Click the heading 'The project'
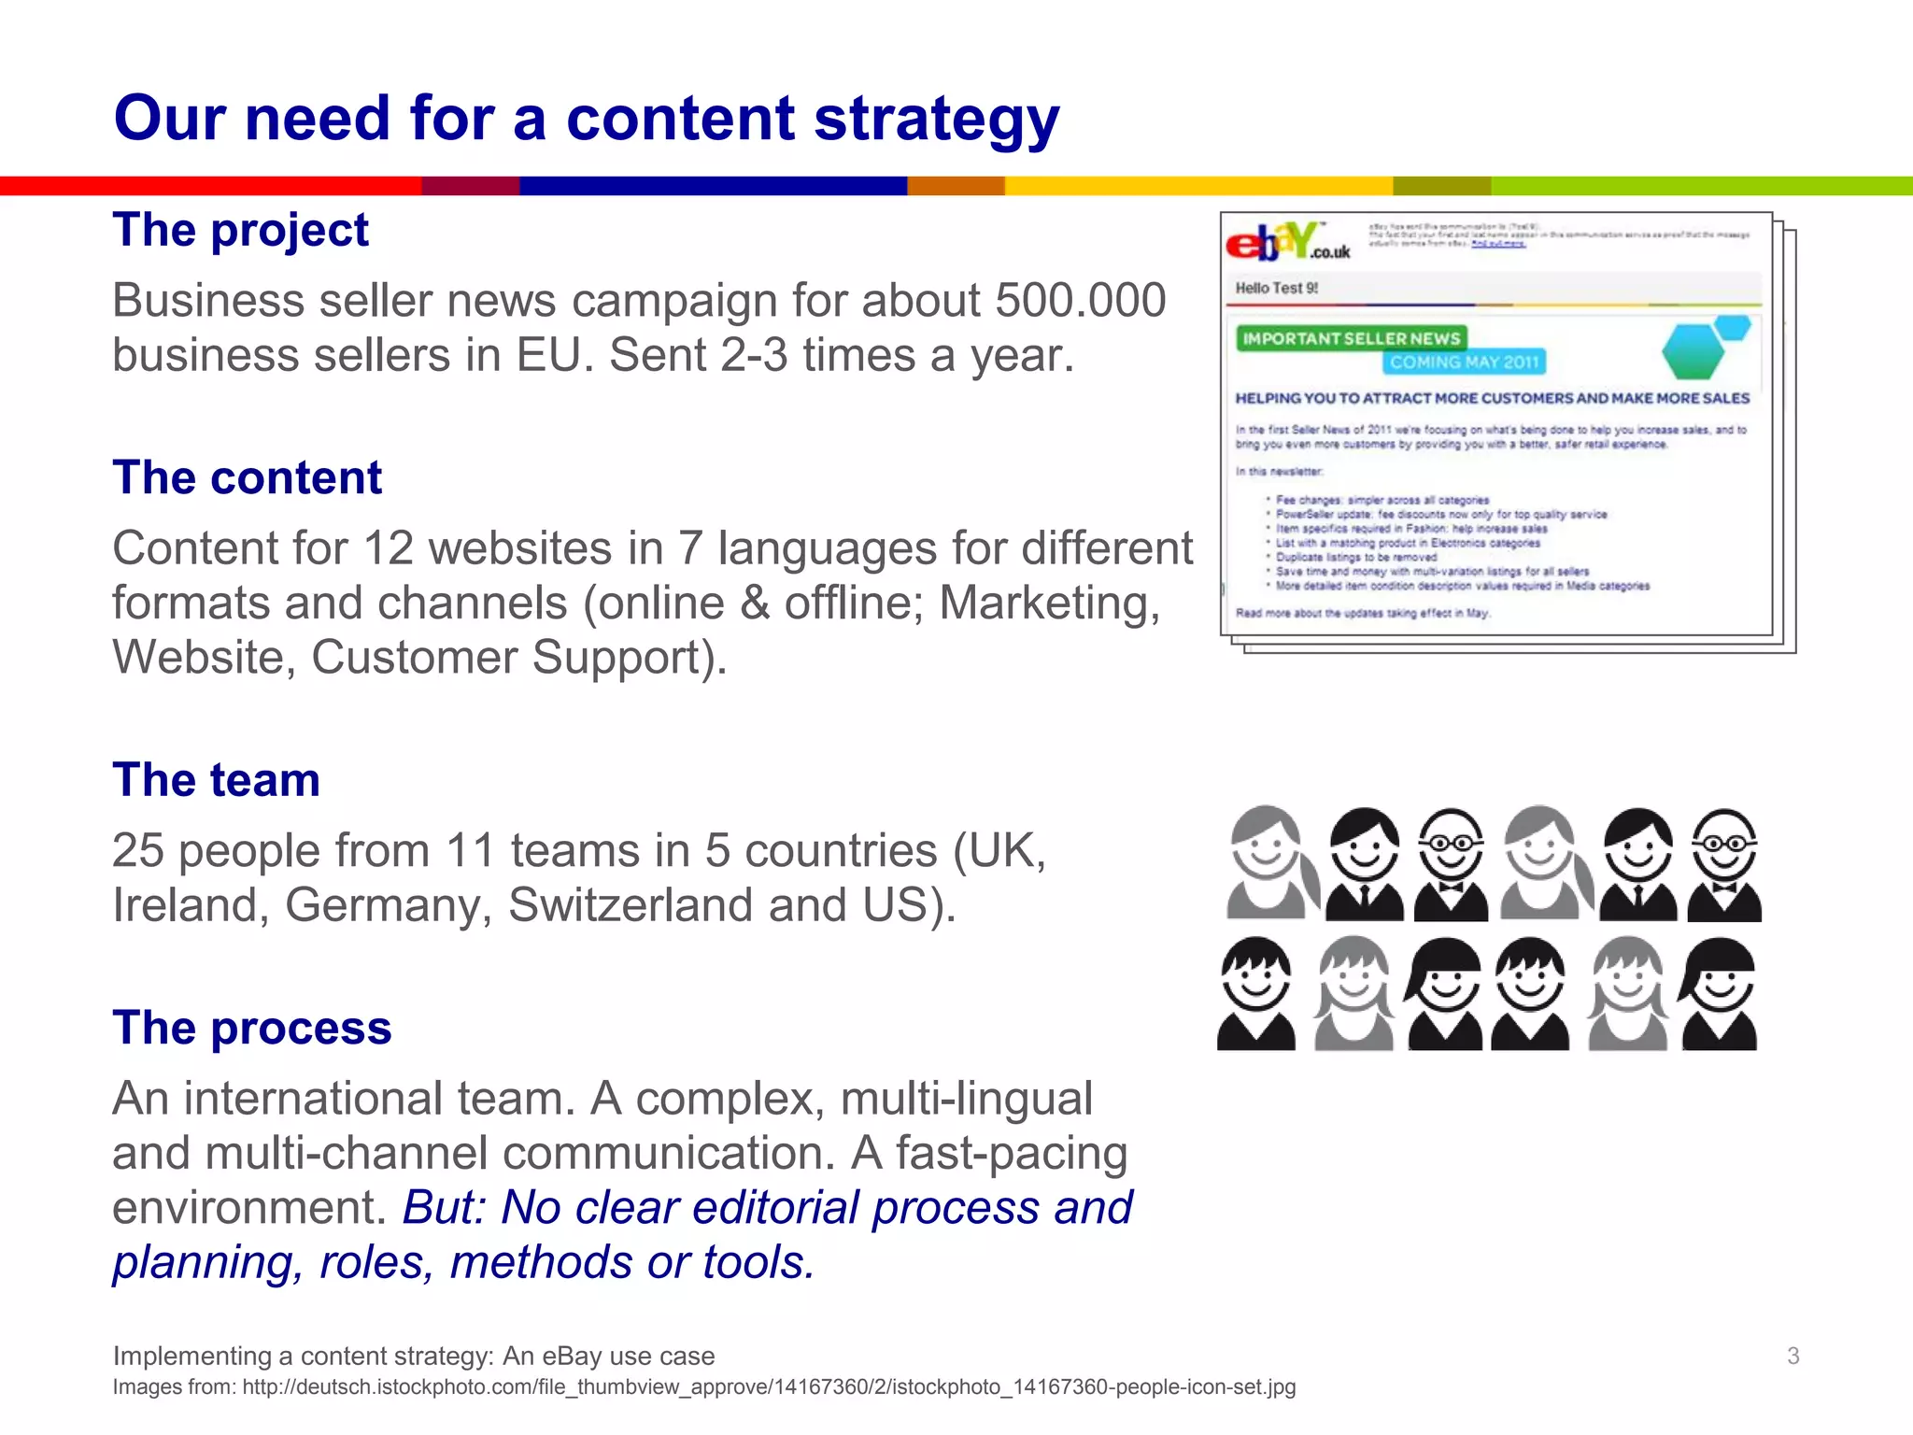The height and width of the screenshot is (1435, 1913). pyautogui.click(x=240, y=230)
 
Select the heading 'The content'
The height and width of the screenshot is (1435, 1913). pyautogui.click(x=247, y=477)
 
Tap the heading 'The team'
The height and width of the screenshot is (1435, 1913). pyautogui.click(x=216, y=780)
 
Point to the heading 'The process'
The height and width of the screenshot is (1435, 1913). pyautogui.click(x=251, y=1028)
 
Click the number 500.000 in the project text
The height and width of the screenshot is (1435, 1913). pyautogui.click(x=1080, y=301)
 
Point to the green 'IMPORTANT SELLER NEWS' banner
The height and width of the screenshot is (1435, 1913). pyautogui.click(x=1351, y=338)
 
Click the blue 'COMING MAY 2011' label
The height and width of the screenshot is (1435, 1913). pyautogui.click(x=1463, y=362)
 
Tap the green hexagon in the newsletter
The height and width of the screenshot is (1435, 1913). pyautogui.click(x=1693, y=352)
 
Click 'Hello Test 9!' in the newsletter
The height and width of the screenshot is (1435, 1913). pyautogui.click(x=1276, y=288)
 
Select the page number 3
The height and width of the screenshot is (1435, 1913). pyautogui.click(x=1793, y=1356)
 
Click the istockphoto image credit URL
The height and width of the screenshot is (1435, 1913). pyautogui.click(x=768, y=1387)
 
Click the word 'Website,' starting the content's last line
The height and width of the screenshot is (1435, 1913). pyautogui.click(x=204, y=657)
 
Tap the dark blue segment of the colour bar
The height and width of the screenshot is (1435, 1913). pyautogui.click(x=713, y=186)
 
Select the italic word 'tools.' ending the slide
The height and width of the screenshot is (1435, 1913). pyautogui.click(x=758, y=1262)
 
